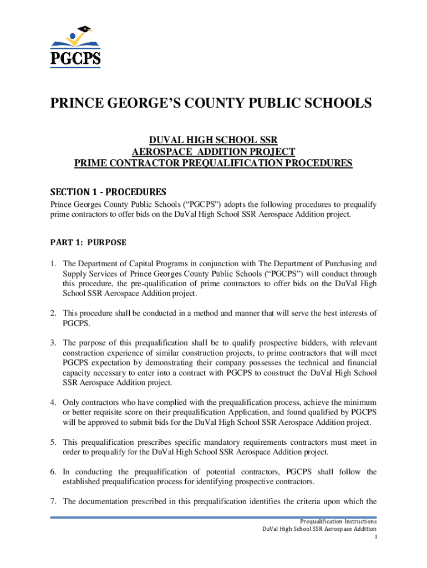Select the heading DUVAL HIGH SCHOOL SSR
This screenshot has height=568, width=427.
pos(213,141)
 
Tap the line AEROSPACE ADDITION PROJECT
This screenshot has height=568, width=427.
pos(213,152)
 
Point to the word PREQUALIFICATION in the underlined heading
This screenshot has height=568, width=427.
pos(236,163)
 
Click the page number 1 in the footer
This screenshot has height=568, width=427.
pos(375,537)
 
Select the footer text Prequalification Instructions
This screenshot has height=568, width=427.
pos(338,521)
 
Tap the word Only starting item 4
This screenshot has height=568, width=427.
pos(72,402)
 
